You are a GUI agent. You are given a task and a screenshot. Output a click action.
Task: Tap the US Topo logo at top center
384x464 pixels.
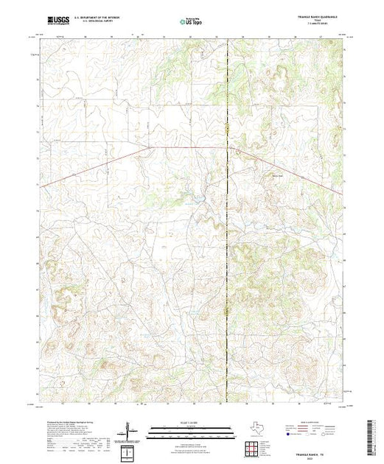[191, 22]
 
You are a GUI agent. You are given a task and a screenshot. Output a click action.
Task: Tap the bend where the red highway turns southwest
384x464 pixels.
[151, 147]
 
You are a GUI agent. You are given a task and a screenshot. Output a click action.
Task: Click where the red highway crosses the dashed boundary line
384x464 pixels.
[227, 147]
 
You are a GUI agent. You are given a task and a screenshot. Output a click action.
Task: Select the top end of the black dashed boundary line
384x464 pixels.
[227, 40]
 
